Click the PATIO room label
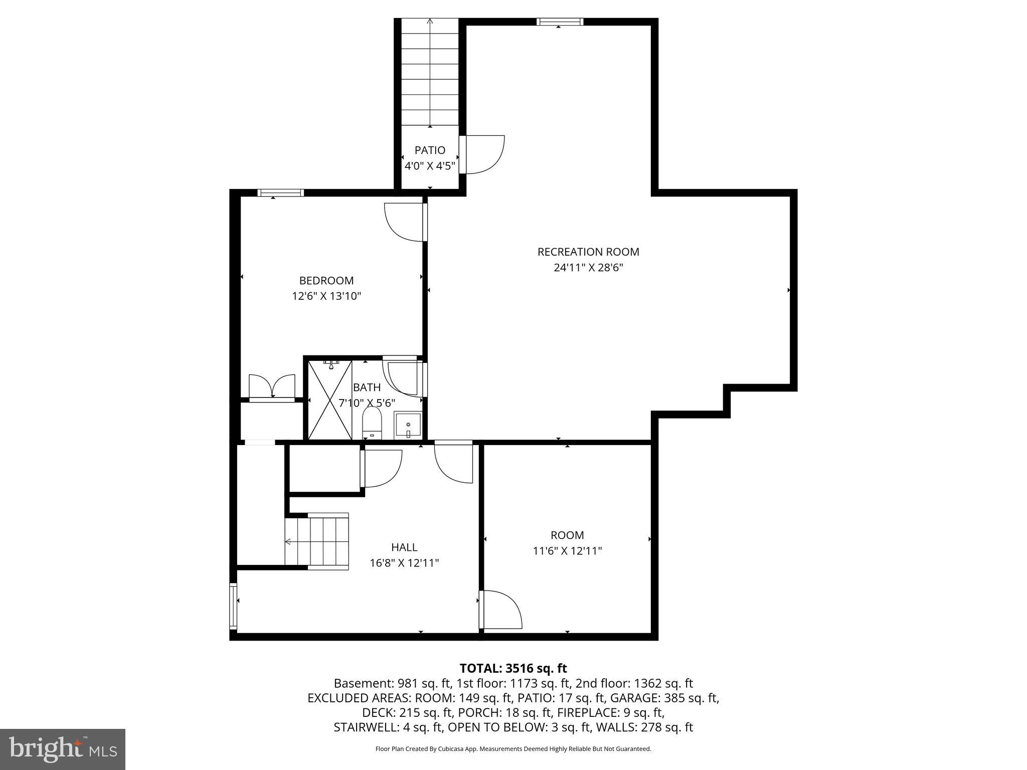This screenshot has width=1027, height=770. (x=430, y=150)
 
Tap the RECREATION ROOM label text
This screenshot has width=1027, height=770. (x=588, y=252)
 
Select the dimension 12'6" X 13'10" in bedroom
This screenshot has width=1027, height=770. (x=326, y=296)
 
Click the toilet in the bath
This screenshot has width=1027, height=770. (x=372, y=423)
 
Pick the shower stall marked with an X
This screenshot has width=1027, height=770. (x=329, y=400)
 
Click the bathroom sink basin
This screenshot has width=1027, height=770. (x=408, y=426)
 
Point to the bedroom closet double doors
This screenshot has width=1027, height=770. (x=272, y=387)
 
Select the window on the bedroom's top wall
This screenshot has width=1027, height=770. (x=281, y=192)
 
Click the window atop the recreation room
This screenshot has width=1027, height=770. (x=560, y=22)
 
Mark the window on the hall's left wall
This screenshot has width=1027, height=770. (x=233, y=606)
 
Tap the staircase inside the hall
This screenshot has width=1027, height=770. (x=317, y=541)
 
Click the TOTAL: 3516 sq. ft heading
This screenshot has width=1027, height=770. (x=513, y=668)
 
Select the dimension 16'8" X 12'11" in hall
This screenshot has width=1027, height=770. (x=404, y=563)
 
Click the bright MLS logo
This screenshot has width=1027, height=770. (x=63, y=749)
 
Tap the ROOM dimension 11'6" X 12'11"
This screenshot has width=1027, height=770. (x=567, y=551)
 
